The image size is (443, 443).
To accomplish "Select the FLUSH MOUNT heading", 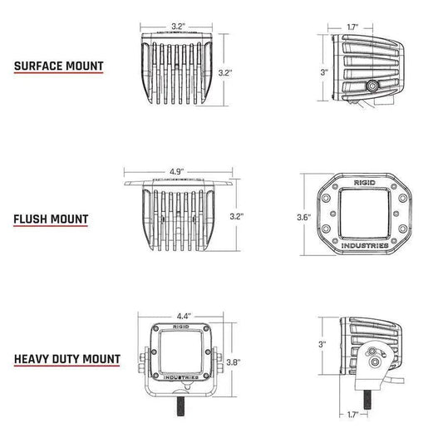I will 51,219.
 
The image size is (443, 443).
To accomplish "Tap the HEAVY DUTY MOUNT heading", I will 66,361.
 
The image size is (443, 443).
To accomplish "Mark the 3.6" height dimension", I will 304,217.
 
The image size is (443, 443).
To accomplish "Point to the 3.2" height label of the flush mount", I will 236,214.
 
